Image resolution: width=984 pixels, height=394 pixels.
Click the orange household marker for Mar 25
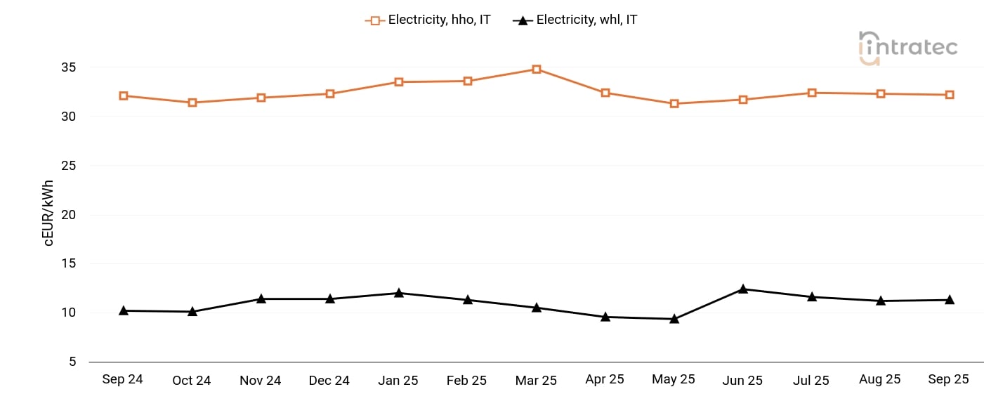(x=536, y=70)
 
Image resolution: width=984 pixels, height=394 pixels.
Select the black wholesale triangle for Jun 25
(x=742, y=289)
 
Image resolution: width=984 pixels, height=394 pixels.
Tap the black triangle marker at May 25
(x=674, y=319)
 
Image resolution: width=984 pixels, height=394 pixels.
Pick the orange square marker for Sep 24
(x=124, y=96)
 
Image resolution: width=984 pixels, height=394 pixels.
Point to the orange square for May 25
(x=674, y=104)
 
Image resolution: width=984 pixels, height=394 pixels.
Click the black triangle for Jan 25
(x=398, y=293)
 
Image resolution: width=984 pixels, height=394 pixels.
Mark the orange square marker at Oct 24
(x=192, y=103)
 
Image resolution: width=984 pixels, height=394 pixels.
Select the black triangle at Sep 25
(x=949, y=300)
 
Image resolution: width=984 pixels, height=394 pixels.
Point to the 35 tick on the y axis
(x=68, y=68)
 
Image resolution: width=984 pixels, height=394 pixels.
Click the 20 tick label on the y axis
(x=68, y=215)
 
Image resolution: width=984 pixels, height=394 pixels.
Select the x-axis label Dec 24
(x=329, y=381)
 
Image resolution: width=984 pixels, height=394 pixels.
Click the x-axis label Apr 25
(x=604, y=379)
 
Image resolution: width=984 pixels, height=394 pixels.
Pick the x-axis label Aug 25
(x=879, y=379)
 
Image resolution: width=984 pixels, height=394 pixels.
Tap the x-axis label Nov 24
(x=260, y=381)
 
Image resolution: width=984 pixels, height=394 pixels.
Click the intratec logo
(x=907, y=48)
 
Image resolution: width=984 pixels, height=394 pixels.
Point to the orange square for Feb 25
(x=467, y=81)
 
